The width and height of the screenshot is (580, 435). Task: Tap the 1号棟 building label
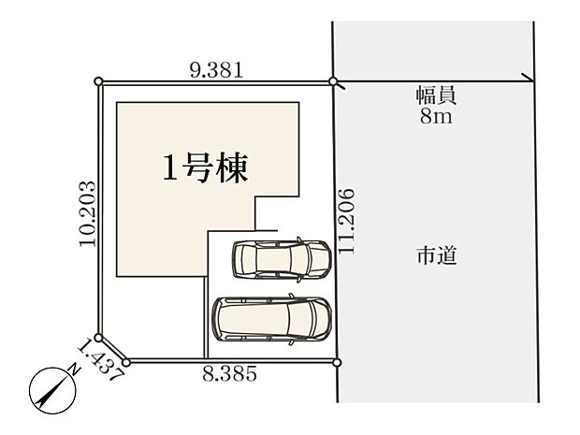205,169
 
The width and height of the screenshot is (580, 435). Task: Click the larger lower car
273,319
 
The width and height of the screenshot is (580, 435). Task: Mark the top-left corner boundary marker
100,82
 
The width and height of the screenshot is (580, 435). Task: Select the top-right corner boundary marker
334,82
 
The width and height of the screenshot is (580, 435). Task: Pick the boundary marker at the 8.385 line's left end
125,360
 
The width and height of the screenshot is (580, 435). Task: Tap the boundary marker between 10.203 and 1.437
99,339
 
